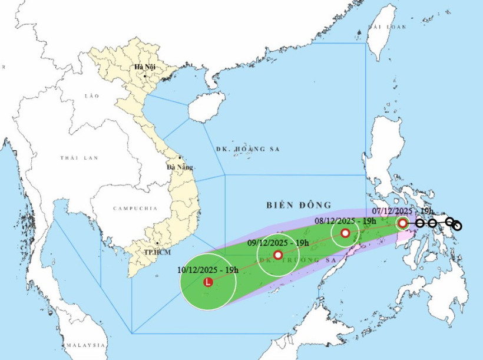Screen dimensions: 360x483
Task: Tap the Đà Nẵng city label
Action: coord(180,167)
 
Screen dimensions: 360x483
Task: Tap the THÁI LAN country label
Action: coord(78,158)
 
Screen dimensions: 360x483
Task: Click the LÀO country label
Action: coord(92,95)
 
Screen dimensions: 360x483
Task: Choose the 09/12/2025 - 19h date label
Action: coord(277,243)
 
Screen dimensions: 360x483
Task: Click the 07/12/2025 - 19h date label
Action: coord(403,210)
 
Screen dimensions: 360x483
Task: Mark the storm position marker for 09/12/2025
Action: coord(278,255)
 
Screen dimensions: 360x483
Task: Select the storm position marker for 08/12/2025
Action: coord(345,233)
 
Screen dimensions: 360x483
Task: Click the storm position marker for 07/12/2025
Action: coord(402,223)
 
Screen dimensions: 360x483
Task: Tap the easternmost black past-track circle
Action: coord(457,226)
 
